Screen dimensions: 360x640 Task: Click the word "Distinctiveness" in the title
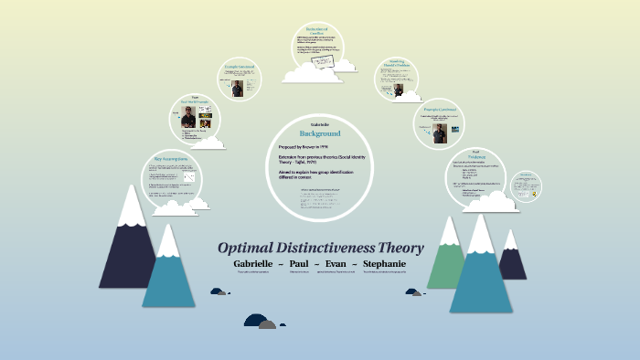[x=330, y=249]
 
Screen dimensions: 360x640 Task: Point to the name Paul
[x=299, y=264]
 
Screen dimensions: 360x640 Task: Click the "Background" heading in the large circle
[x=321, y=132]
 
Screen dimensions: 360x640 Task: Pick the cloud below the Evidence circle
[x=490, y=200]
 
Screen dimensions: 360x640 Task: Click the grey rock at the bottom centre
[x=266, y=323]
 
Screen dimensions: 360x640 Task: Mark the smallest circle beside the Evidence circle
[x=528, y=186]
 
